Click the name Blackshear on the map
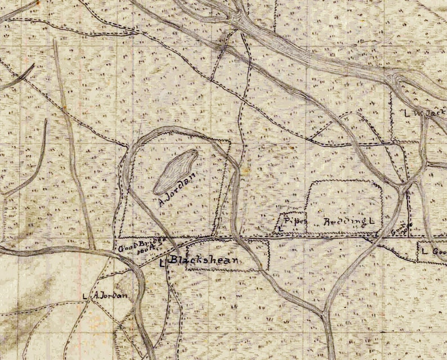tap(204, 260)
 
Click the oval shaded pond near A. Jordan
tap(176, 172)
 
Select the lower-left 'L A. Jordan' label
tap(104, 295)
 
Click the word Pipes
tap(294, 221)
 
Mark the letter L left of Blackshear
tap(163, 263)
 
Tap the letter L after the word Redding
tap(372, 222)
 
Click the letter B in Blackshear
tap(174, 260)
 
